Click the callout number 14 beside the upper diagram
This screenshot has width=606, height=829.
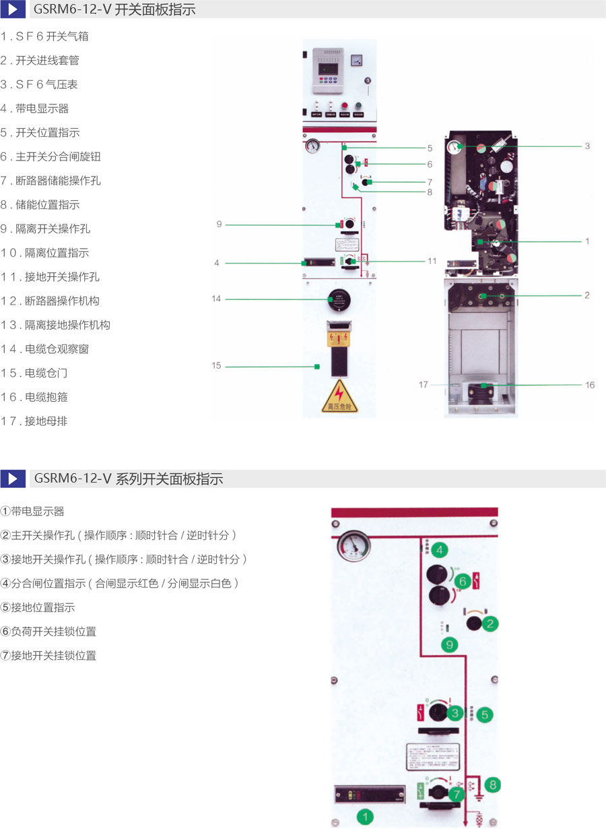click(x=216, y=299)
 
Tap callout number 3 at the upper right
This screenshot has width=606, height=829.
click(x=587, y=146)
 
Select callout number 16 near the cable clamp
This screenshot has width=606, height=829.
click(x=590, y=386)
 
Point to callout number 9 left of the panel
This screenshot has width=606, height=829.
click(x=219, y=224)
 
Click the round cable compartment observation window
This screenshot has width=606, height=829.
click(x=339, y=299)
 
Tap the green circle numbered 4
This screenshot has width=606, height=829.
click(x=440, y=551)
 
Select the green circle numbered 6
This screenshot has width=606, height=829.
click(x=462, y=581)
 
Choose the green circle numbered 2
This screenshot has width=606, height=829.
click(x=491, y=623)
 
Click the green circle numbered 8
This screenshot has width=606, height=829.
click(x=494, y=785)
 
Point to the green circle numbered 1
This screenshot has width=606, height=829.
click(x=365, y=817)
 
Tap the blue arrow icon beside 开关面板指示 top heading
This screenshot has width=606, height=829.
click(x=13, y=9)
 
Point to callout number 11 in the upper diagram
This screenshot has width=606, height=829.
click(x=432, y=261)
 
